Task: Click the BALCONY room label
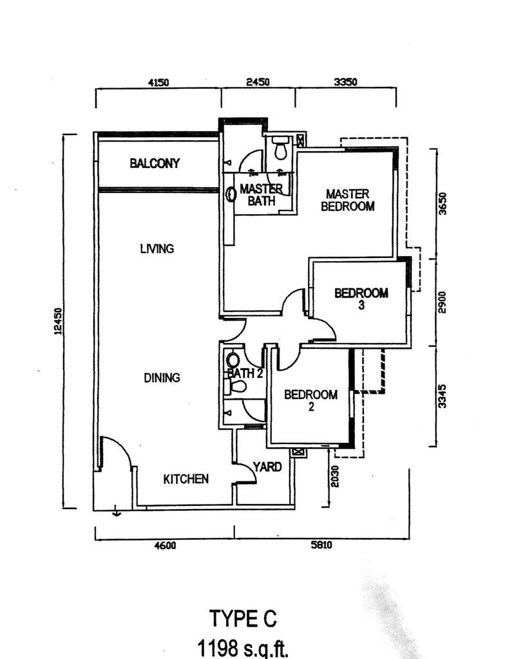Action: pyautogui.click(x=155, y=163)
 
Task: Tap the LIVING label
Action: pyautogui.click(x=157, y=248)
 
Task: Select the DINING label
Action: pyautogui.click(x=162, y=378)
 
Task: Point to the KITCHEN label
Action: pyautogui.click(x=186, y=479)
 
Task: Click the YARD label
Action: pyautogui.click(x=267, y=467)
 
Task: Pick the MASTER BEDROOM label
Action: pyautogui.click(x=347, y=200)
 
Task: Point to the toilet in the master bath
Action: pyautogui.click(x=280, y=149)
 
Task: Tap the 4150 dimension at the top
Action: pyautogui.click(x=158, y=82)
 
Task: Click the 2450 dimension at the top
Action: pyautogui.click(x=258, y=82)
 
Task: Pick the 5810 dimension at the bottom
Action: pyautogui.click(x=321, y=546)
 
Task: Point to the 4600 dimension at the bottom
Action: pyautogui.click(x=164, y=546)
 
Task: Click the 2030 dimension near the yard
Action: pyautogui.click(x=334, y=477)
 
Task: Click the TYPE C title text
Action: pyautogui.click(x=243, y=618)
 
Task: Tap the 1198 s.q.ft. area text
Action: pyautogui.click(x=243, y=647)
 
